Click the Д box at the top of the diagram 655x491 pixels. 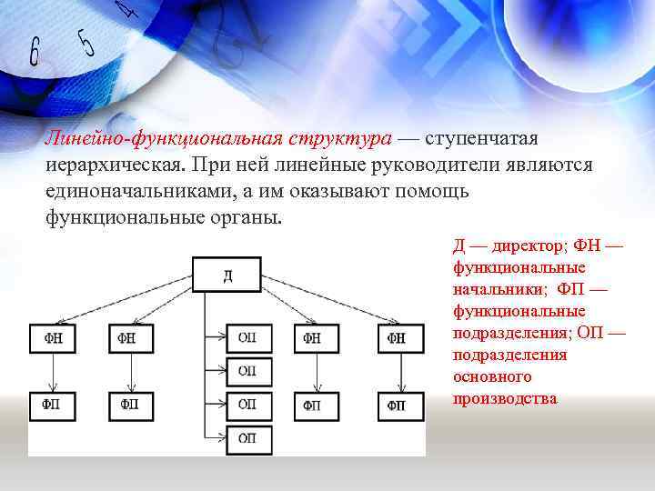pyautogui.click(x=227, y=275)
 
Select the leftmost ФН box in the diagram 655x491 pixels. pyautogui.click(x=52, y=338)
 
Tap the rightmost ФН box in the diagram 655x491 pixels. pyautogui.click(x=397, y=338)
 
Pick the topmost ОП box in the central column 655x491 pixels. pyautogui.click(x=247, y=338)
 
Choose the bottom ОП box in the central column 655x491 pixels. pyautogui.click(x=247, y=438)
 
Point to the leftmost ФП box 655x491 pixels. pyautogui.click(x=52, y=405)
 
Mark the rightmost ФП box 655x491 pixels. pyautogui.click(x=397, y=405)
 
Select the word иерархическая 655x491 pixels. pyautogui.click(x=113, y=166)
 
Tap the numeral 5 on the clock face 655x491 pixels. pyautogui.click(x=87, y=42)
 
